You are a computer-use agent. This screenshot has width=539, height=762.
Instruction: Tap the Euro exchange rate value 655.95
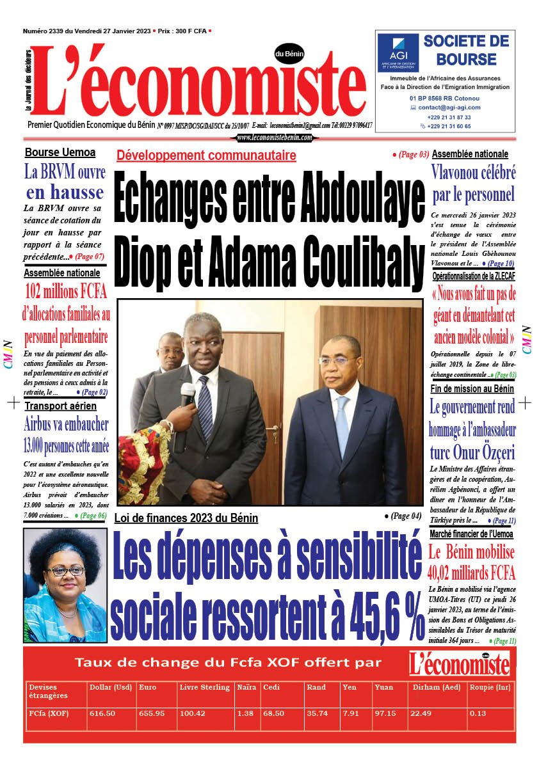[151, 713]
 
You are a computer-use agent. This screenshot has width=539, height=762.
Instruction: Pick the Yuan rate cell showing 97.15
[384, 713]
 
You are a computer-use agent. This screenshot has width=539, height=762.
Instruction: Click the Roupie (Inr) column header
[489, 687]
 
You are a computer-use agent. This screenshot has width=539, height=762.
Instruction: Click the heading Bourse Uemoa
[60, 152]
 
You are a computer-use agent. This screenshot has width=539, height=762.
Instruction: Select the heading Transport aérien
[61, 406]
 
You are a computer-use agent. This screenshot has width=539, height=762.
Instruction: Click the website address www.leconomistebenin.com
[275, 138]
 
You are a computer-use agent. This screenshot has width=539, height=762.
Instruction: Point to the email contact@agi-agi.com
[449, 107]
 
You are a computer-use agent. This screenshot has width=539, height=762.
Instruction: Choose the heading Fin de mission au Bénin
[472, 388]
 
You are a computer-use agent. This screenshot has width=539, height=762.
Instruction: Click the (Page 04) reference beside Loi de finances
[403, 515]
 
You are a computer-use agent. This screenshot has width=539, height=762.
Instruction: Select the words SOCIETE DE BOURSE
[466, 51]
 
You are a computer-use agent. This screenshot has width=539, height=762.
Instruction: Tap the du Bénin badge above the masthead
[289, 54]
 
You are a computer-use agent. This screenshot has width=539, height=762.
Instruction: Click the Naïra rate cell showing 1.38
[244, 713]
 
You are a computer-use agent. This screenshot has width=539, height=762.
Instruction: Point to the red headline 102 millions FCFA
[66, 292]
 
